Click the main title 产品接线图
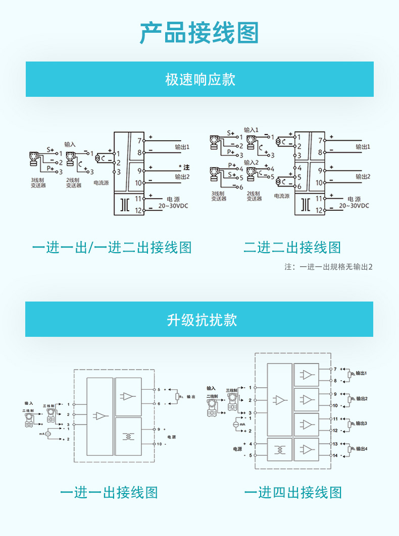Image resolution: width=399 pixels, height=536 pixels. point(199,33)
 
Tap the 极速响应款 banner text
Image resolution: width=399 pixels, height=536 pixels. point(199,80)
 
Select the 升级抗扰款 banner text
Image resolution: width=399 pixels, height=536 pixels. point(199,320)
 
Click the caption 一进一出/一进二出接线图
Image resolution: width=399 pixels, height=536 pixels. point(112,248)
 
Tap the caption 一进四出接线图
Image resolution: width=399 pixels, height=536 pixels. point(293,493)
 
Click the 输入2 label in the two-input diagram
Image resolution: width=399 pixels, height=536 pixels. point(251,162)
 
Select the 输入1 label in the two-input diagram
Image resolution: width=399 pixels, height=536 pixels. point(251,130)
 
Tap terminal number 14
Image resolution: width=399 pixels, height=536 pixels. point(335,456)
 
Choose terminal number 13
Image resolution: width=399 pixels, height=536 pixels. point(335,444)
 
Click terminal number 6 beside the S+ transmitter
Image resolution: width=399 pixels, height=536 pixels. point(241,187)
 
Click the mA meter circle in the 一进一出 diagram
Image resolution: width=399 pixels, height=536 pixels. point(48,434)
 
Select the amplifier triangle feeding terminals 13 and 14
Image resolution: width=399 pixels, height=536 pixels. point(307,450)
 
